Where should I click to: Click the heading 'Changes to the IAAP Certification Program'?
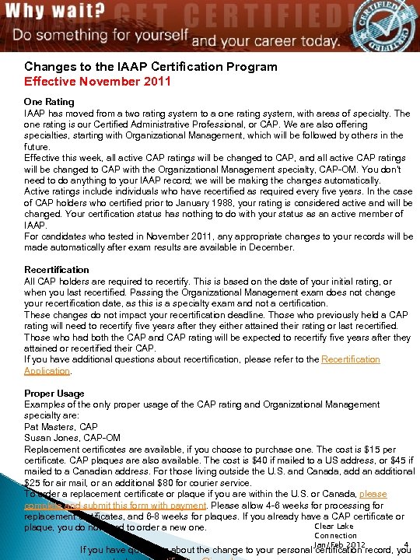click(x=150, y=67)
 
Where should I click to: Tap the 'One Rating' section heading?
click(x=49, y=102)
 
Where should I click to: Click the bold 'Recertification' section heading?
click(x=57, y=270)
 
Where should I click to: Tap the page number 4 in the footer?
click(x=407, y=544)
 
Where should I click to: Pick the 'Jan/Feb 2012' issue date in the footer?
click(x=339, y=544)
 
